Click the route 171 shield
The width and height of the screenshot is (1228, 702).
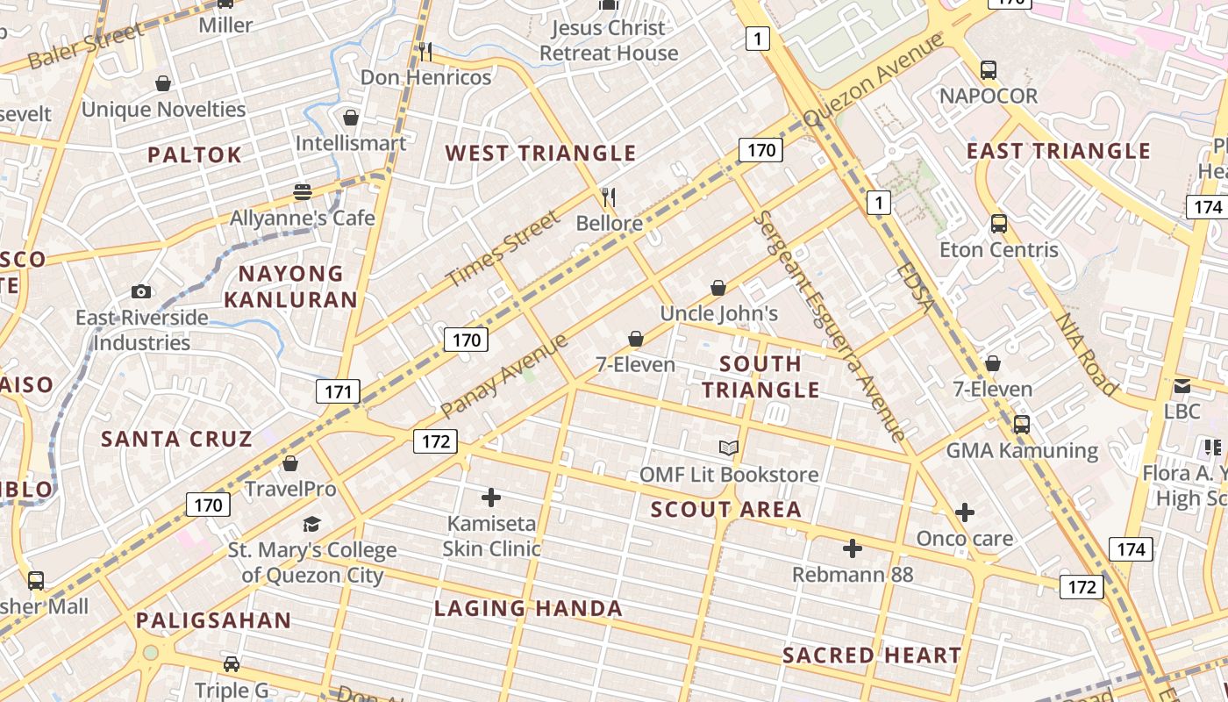[338, 391]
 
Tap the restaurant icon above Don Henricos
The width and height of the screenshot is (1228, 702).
[425, 52]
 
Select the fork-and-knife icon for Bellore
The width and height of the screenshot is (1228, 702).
[609, 197]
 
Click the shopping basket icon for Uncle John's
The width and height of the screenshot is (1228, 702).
[718, 288]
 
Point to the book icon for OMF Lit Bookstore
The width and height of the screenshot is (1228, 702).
[729, 448]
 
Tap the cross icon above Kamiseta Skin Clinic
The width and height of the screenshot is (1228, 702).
[491, 498]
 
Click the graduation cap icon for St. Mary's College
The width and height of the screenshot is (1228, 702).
[311, 525]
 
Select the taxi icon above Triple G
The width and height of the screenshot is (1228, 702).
[232, 664]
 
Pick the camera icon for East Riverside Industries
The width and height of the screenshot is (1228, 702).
[140, 291]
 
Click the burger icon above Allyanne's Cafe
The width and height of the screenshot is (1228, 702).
[303, 191]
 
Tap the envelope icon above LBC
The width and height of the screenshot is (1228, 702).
[1182, 385]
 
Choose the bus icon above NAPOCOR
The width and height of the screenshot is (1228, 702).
[989, 70]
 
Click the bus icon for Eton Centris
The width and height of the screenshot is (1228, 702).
[999, 224]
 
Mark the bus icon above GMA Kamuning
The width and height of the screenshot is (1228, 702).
[1021, 425]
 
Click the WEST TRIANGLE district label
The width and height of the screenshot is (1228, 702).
[540, 154]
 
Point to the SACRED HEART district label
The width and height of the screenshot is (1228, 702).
[871, 655]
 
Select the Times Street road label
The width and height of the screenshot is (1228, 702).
[502, 250]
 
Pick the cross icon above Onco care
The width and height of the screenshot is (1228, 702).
[965, 512]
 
